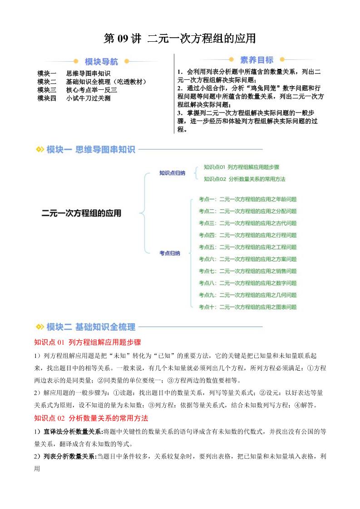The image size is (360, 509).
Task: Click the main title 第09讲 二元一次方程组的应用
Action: pos(180,39)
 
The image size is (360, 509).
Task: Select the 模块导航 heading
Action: pos(101,62)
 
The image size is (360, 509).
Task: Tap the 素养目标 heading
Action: pos(256,60)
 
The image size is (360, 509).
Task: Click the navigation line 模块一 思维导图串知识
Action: pos(74,73)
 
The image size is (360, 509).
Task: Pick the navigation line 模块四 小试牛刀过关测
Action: pos(74,98)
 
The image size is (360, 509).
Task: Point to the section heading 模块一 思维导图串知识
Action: pos(91,149)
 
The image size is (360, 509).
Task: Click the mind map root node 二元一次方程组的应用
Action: pos(82,212)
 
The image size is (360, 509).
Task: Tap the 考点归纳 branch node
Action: pos(169,253)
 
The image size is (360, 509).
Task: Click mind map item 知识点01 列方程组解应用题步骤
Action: pos(242,167)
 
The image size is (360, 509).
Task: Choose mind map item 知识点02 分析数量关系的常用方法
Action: pos(245,179)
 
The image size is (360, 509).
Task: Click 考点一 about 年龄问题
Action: pos(247,199)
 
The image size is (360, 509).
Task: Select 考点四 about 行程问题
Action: pos(247,235)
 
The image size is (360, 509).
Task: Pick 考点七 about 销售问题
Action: pos(247,271)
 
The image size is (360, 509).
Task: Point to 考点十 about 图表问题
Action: pos(247,307)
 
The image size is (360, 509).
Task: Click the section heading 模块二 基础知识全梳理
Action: pos(91,327)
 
